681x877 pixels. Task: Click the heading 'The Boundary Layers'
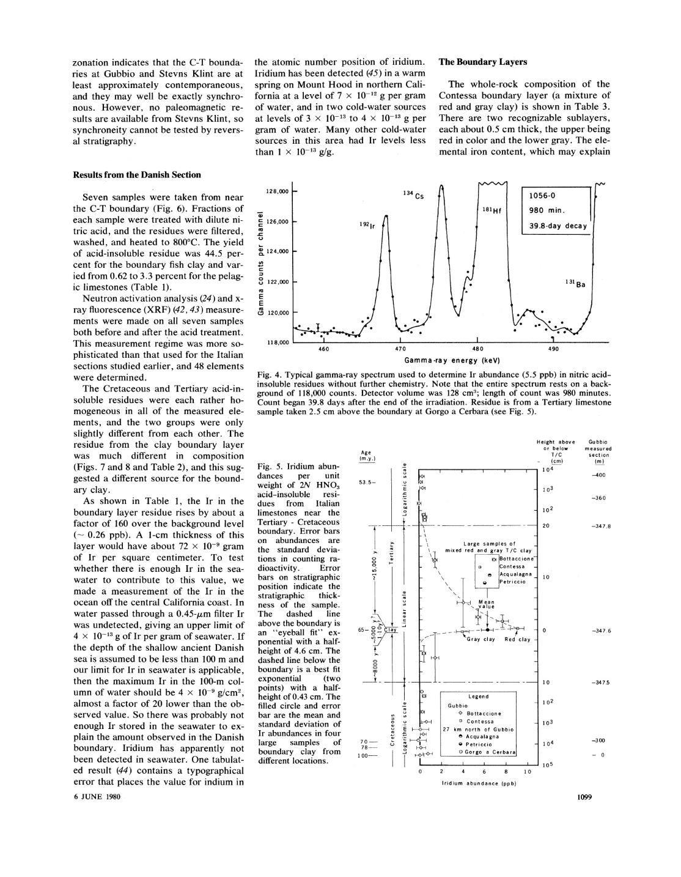(x=482, y=62)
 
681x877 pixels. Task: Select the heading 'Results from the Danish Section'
(x=137, y=175)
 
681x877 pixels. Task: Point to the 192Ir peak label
(x=367, y=226)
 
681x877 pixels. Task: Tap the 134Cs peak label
(x=413, y=194)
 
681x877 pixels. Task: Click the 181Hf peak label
(x=491, y=210)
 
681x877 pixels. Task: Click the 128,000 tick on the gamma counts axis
(x=276, y=192)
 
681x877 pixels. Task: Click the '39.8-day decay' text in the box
(x=558, y=226)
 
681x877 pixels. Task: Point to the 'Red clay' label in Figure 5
(x=517, y=640)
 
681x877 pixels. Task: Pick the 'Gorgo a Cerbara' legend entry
(x=491, y=751)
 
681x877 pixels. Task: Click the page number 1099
(x=586, y=797)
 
